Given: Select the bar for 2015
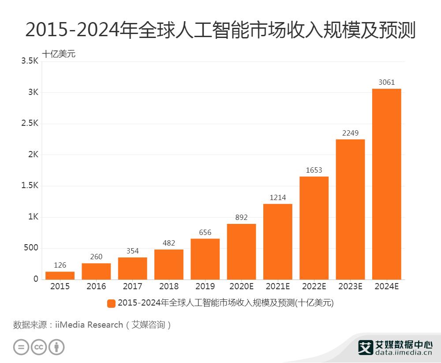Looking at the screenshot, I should pyautogui.click(x=60, y=275).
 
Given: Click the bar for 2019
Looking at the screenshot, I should pyautogui.click(x=205, y=259).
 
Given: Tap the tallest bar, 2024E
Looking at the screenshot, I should pyautogui.click(x=386, y=184).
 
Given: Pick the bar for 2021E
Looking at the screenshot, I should pyautogui.click(x=278, y=241).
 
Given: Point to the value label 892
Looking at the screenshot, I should pyautogui.click(x=241, y=218).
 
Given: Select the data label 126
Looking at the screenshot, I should pyautogui.click(x=60, y=265).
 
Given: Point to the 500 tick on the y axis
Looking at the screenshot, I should pyautogui.click(x=30, y=248).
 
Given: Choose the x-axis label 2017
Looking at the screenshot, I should pyautogui.click(x=132, y=287).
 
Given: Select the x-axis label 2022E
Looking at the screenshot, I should pyautogui.click(x=314, y=287).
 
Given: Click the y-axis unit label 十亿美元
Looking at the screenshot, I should pyautogui.click(x=59, y=54).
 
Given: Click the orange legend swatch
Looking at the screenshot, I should pyautogui.click(x=111, y=303).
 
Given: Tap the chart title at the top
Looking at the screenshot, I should pyautogui.click(x=220, y=30).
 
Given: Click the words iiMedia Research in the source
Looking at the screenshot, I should pyautogui.click(x=89, y=325).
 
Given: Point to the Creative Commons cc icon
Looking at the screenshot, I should pyautogui.click(x=39, y=347).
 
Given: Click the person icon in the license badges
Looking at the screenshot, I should pyautogui.click(x=56, y=347).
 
